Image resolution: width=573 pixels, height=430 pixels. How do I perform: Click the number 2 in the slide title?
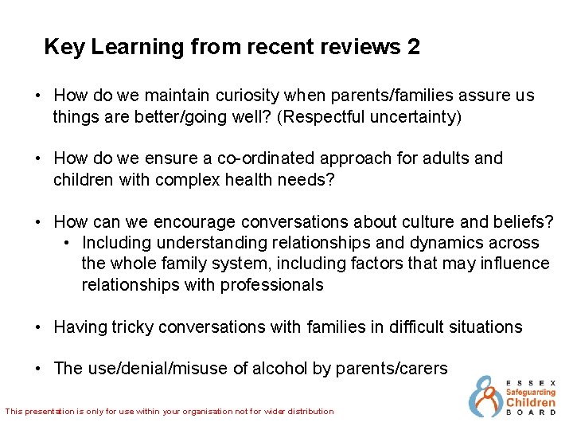point(412,47)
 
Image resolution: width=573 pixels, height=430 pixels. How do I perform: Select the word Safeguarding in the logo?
point(531,392)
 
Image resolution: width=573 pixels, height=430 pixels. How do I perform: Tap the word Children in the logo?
point(531,403)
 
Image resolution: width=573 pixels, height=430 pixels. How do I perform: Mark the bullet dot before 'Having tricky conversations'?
point(38,326)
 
